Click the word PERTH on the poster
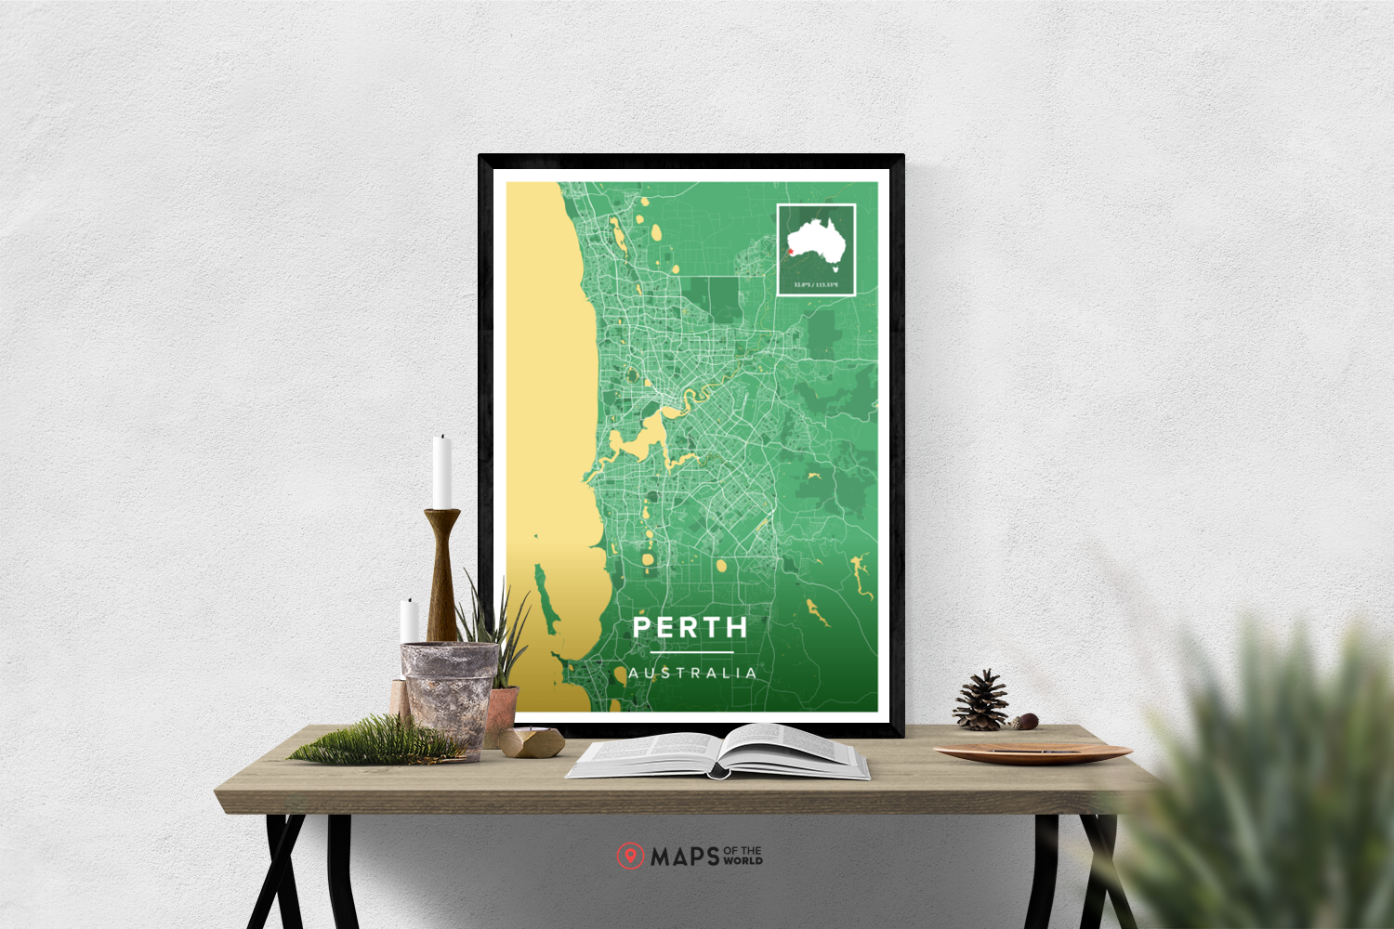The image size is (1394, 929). click(x=690, y=628)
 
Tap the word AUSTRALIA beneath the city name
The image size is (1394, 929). click(x=692, y=673)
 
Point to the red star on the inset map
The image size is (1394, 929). click(x=790, y=249)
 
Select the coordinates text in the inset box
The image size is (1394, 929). click(x=816, y=284)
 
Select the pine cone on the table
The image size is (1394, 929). click(x=981, y=700)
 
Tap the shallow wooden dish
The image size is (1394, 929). click(x=1032, y=752)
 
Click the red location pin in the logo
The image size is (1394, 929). click(x=630, y=856)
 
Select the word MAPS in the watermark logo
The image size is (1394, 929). click(x=685, y=857)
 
